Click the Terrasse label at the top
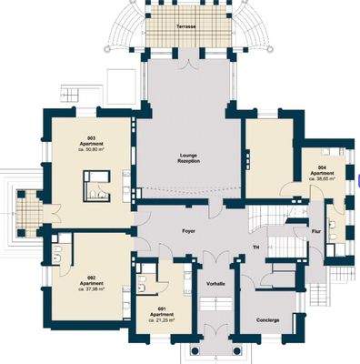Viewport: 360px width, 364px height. (189, 28)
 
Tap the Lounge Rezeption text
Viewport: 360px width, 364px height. (188, 158)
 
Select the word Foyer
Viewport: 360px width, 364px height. (188, 231)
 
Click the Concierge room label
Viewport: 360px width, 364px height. (267, 319)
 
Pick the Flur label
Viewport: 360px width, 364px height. (316, 231)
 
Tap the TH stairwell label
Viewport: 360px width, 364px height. (256, 248)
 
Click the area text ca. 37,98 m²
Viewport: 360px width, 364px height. (92, 288)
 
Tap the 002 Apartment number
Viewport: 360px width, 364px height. (92, 276)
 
